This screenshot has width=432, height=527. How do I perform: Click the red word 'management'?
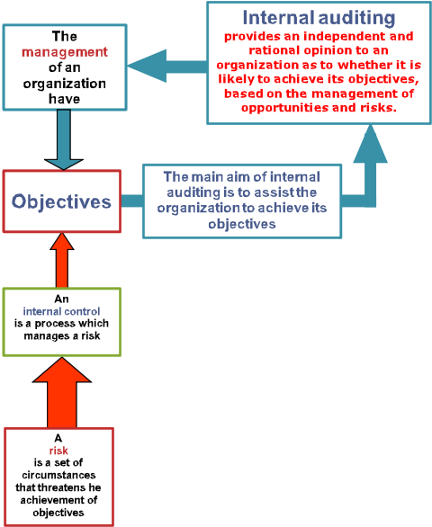pyautogui.click(x=65, y=52)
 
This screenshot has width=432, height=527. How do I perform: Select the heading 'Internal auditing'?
pyautogui.click(x=319, y=17)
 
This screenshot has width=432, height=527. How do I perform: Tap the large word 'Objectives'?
pyautogui.click(x=61, y=201)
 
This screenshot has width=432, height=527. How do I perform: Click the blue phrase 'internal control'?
pyautogui.click(x=61, y=311)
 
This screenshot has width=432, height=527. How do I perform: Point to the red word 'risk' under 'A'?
pyautogui.click(x=58, y=451)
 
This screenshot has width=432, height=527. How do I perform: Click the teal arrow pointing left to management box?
pyautogui.click(x=167, y=66)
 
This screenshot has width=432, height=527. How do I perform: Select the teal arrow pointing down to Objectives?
pyautogui.click(x=64, y=139)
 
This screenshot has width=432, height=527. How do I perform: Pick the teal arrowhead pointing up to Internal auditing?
pyautogui.click(x=370, y=144)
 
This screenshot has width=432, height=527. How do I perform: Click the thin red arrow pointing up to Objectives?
pyautogui.click(x=62, y=260)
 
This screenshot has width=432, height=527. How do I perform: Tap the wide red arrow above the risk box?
pyautogui.click(x=62, y=392)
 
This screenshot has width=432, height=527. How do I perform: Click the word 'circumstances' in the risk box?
pyautogui.click(x=58, y=475)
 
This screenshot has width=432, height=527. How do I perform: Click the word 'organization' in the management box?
pyautogui.click(x=65, y=84)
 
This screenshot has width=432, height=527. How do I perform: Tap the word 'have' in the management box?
pyautogui.click(x=64, y=99)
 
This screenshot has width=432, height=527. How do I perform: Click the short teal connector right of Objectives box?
pyautogui.click(x=132, y=201)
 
